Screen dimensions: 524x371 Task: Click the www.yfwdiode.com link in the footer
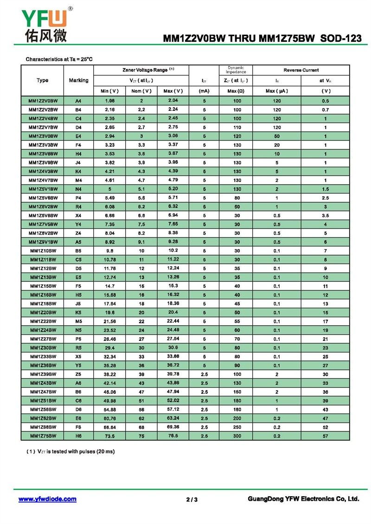pyautogui.click(x=47, y=499)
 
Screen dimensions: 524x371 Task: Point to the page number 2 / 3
pyautogui.click(x=192, y=499)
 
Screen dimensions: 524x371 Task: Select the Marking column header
pyautogui.click(x=78, y=80)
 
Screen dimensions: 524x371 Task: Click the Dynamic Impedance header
pyautogui.click(x=236, y=70)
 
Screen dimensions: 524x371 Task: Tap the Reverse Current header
pyautogui.click(x=301, y=70)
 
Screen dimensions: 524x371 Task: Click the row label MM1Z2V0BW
pyautogui.click(x=43, y=101)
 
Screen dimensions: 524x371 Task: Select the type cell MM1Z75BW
pyautogui.click(x=43, y=436)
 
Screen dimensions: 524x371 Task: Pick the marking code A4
pyautogui.click(x=78, y=101)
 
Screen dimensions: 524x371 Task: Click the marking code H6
pyautogui.click(x=78, y=436)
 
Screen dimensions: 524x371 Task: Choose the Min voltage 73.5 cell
pyautogui.click(x=110, y=436)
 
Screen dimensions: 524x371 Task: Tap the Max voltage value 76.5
pyautogui.click(x=173, y=436)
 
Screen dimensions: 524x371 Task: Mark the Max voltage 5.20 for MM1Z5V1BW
pyautogui.click(x=173, y=189)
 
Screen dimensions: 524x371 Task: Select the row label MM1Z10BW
pyautogui.click(x=43, y=251)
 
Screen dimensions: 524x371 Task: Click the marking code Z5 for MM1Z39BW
pyautogui.click(x=78, y=374)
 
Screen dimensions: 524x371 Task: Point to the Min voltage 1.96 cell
pyautogui.click(x=110, y=101)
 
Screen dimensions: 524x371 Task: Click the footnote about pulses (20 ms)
pyautogui.click(x=70, y=451)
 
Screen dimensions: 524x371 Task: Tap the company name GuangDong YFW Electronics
pyautogui.click(x=304, y=499)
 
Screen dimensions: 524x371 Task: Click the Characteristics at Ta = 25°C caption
pyautogui.click(x=59, y=59)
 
